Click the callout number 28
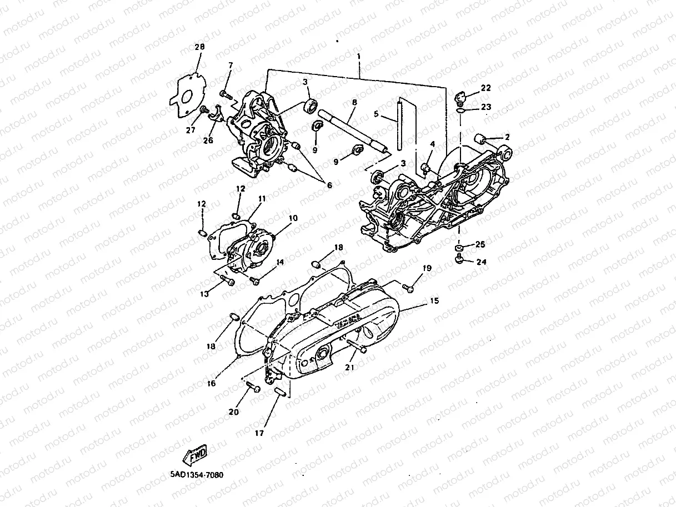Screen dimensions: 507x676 [199, 47]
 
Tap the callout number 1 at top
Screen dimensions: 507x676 [359, 57]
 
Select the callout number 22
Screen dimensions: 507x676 [486, 88]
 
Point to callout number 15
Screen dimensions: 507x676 [434, 301]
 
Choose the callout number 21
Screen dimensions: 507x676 [349, 367]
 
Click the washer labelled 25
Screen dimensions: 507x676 [460, 246]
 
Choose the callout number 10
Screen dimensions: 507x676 [293, 218]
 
